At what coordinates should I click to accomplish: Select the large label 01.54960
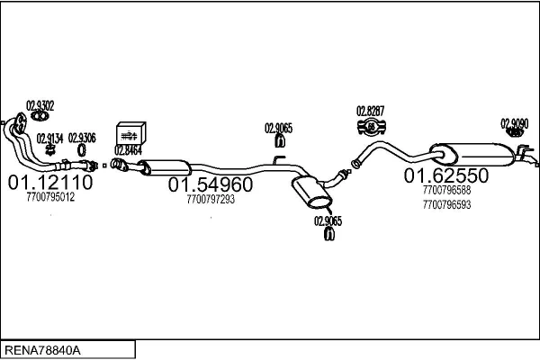pos(211,184)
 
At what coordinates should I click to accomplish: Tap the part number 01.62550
pos(445,175)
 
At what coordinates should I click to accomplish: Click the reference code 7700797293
pos(211,199)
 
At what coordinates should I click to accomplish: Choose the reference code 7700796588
pos(445,190)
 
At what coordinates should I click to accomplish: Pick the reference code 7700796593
pos(445,204)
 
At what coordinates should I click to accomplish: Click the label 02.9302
pos(40,104)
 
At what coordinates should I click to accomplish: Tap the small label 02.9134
pos(49,137)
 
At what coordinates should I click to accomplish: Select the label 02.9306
pos(82,137)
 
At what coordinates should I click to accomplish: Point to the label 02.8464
pos(128,149)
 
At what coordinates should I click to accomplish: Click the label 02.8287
pos(370,111)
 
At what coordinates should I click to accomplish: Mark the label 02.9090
pos(514,123)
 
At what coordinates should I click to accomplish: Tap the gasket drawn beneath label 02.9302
pos(39,115)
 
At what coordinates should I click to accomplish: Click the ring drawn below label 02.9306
pos(82,150)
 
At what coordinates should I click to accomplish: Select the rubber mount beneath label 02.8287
pos(369,125)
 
